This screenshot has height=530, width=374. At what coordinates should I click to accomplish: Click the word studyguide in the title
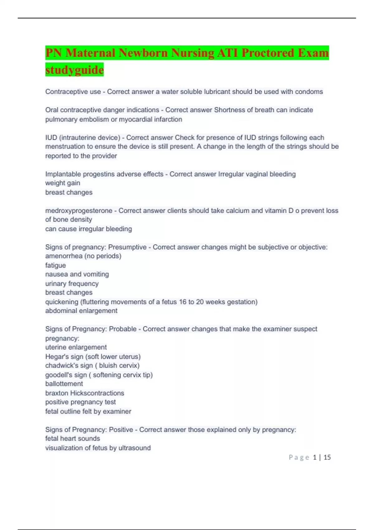[74, 70]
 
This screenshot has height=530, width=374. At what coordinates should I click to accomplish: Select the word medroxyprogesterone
[79, 211]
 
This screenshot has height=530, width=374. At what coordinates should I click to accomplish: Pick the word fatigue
[55, 265]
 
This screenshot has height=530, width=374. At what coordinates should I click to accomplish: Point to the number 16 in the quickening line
[182, 302]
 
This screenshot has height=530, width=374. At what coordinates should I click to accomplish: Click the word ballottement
[64, 384]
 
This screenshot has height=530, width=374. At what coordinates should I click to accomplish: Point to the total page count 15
[327, 457]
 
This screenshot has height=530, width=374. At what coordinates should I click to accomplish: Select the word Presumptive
[127, 247]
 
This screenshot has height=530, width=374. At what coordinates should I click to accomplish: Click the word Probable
[122, 329]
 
